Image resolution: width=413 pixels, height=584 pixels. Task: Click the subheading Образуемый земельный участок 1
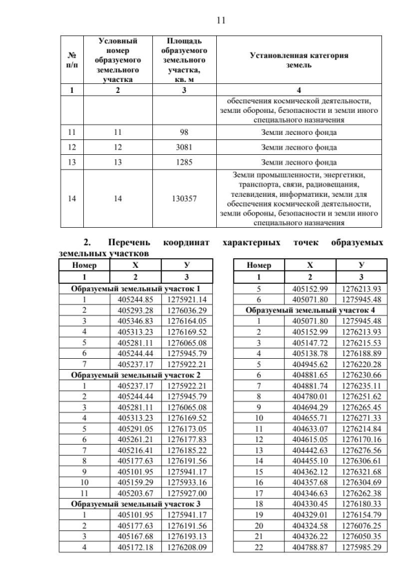pos(140,288)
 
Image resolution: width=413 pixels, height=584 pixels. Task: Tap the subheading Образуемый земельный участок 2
pos(140,374)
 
